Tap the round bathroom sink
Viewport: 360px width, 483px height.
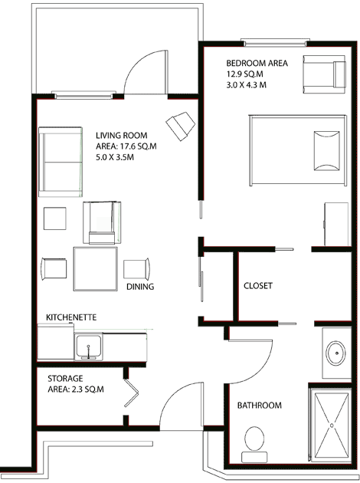[x=335, y=354]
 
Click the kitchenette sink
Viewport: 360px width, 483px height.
[x=90, y=347]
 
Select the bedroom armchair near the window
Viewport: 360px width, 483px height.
[x=325, y=74]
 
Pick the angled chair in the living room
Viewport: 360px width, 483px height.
[x=181, y=125]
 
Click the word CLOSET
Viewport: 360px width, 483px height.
[x=257, y=286]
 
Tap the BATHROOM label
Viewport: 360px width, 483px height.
[x=259, y=405]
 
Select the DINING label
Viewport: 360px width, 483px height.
[x=140, y=287]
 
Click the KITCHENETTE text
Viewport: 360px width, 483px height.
[x=70, y=317]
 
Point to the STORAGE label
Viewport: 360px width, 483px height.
[x=65, y=379]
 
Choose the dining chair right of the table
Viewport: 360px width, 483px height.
[x=136, y=268]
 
